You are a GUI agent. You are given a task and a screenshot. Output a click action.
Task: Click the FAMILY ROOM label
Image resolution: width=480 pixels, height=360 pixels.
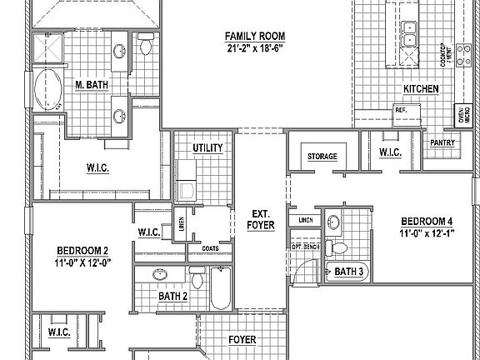pos(256,36)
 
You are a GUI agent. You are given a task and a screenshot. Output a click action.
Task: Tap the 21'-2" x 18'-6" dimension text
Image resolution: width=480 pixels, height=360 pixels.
pos(256,48)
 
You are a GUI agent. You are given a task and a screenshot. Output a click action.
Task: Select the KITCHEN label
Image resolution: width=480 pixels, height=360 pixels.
pos(421,89)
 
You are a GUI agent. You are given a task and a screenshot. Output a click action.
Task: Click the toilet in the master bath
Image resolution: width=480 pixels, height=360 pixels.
pos(146,47)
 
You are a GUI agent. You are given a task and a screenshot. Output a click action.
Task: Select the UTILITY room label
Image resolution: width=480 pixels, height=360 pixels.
pos(207,147)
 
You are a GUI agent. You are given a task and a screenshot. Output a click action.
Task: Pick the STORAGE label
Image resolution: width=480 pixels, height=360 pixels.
pos(322,156)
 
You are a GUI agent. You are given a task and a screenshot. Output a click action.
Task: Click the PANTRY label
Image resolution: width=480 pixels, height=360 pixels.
pos(441,142)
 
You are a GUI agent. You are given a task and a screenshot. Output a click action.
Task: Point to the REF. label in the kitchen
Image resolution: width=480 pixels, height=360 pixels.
pos(400,110)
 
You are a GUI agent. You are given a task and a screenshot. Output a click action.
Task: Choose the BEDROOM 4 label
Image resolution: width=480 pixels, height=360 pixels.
pos(427,221)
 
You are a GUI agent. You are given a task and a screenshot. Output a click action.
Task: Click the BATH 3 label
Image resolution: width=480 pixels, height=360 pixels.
pos(350,272)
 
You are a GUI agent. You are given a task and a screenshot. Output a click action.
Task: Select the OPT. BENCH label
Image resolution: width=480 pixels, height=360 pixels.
pos(307,247)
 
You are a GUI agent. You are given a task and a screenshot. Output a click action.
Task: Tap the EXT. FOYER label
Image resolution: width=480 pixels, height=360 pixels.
pos(261,219)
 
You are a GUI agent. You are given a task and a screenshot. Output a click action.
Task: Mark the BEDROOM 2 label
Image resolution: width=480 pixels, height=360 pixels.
pos(82,251)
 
